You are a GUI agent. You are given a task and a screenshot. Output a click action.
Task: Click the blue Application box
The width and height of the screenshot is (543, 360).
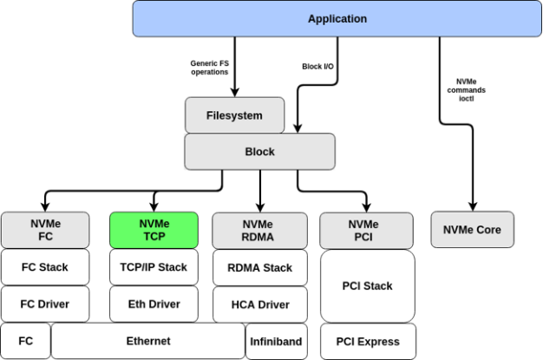click(337, 19)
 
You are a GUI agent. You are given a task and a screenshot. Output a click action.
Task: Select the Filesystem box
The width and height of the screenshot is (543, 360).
click(234, 115)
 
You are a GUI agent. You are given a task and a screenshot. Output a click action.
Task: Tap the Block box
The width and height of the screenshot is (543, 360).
click(259, 152)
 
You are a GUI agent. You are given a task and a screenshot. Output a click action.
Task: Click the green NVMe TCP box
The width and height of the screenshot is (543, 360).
click(154, 230)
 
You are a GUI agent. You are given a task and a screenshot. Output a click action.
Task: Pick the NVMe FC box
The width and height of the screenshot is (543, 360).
click(45, 230)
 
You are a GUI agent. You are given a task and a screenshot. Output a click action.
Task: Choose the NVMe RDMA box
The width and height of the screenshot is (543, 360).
click(258, 230)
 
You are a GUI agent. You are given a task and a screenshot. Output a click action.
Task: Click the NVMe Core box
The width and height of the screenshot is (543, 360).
click(472, 230)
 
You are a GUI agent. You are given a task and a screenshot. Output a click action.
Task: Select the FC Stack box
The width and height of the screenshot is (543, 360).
click(45, 267)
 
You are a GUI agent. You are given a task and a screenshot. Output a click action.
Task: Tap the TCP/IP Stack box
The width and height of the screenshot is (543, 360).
click(154, 267)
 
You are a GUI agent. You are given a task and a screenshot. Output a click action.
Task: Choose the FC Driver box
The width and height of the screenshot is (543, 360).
click(45, 304)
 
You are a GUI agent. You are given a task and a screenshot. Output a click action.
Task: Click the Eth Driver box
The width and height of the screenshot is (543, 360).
click(154, 304)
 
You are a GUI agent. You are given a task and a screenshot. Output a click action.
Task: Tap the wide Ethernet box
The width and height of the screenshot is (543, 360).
click(147, 341)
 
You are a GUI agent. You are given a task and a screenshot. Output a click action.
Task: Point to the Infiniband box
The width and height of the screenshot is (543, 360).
click(275, 342)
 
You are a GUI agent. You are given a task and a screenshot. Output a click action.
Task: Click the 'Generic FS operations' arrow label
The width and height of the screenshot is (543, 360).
click(209, 68)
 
